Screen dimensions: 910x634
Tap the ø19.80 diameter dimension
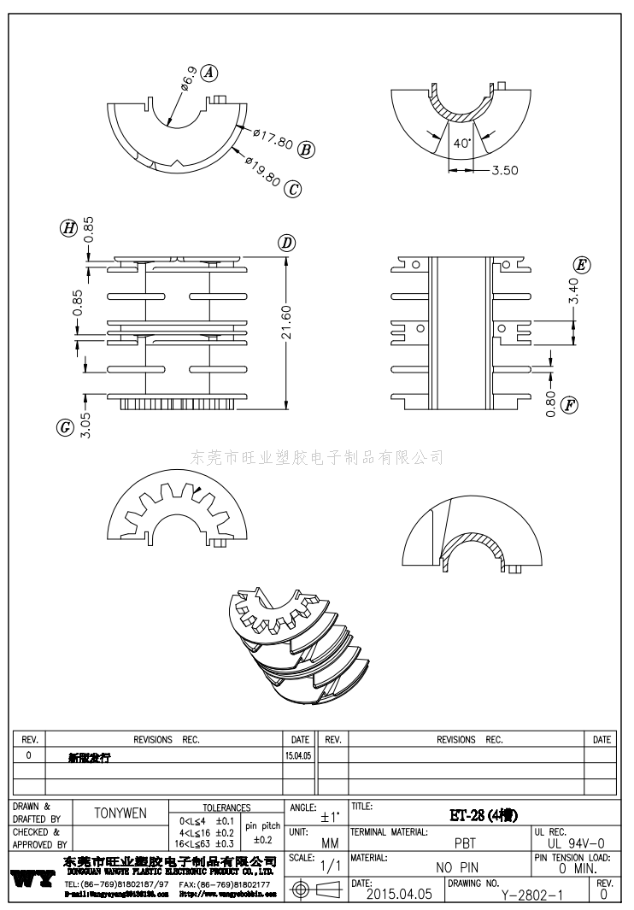[262, 169]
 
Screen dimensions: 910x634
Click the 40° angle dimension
[461, 144]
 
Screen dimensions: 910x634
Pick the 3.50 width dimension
[505, 170]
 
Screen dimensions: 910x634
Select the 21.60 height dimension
[286, 322]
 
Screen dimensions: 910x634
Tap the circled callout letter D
[287, 244]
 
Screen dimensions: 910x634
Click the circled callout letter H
[68, 226]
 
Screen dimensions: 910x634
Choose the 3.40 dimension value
[575, 291]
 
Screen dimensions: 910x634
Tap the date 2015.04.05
[398, 894]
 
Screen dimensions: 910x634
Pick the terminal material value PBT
[465, 842]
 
